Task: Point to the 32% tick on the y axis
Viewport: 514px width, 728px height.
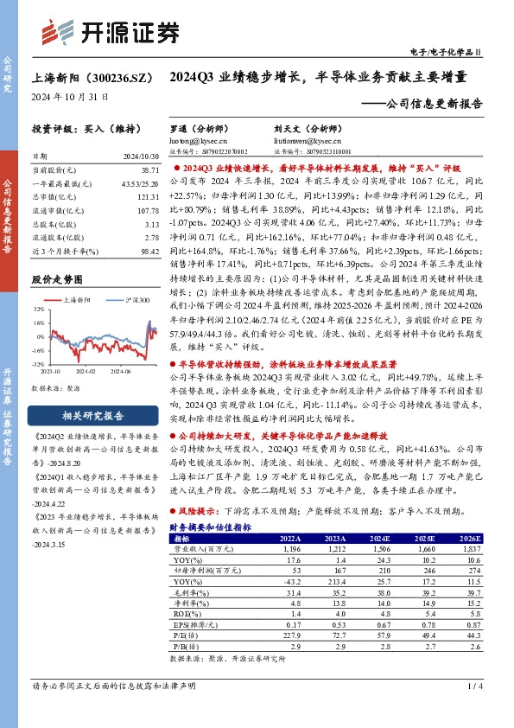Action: [39, 307]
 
